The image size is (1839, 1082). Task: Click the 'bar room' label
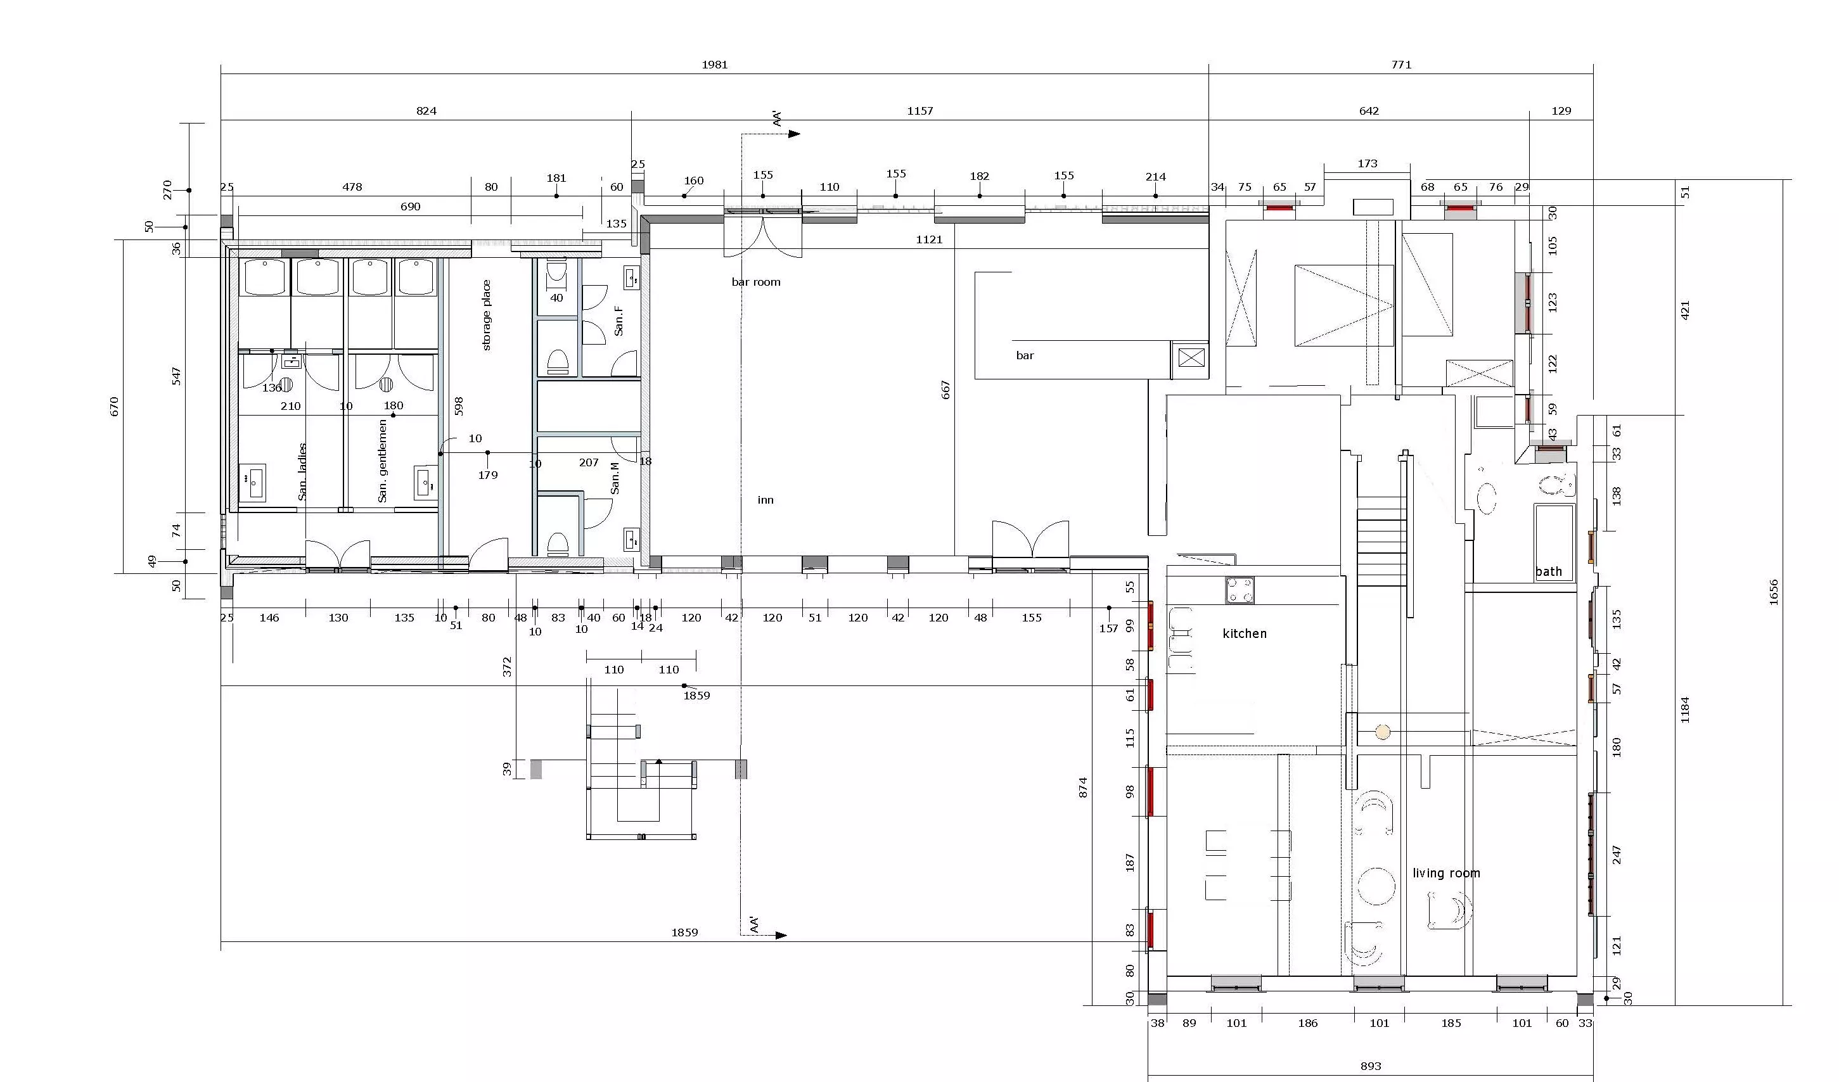[756, 283]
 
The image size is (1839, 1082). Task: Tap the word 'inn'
[766, 500]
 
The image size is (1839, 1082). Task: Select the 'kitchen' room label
[1244, 633]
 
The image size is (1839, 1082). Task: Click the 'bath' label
[1549, 571]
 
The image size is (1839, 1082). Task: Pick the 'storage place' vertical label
[487, 315]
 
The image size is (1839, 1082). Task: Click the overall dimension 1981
[714, 64]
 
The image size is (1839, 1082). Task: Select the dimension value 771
[1401, 64]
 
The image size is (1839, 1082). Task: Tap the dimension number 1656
[1773, 592]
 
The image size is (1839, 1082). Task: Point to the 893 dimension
[1371, 1066]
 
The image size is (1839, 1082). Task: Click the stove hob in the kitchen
[1240, 590]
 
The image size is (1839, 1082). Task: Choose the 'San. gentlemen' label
[382, 461]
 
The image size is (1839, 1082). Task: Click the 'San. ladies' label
[302, 471]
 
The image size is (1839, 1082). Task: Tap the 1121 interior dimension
[929, 239]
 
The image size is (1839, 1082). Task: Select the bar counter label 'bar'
[1025, 355]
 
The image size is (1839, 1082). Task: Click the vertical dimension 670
[114, 407]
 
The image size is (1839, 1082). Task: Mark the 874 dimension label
[1083, 787]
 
